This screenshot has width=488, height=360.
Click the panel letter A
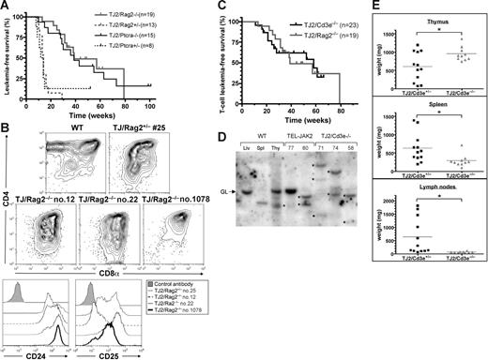pyautogui.click(x=7, y=7)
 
